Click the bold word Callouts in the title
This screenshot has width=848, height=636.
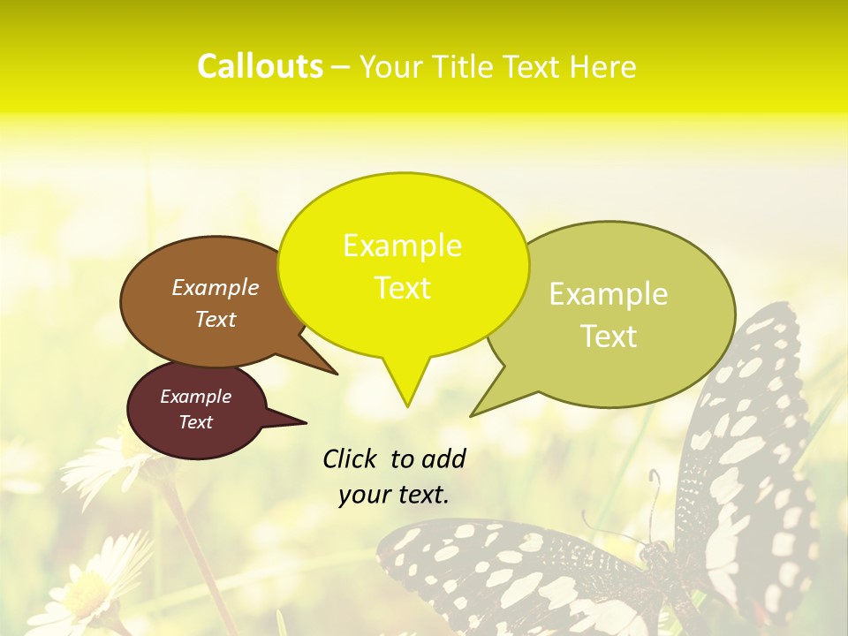pos(260,66)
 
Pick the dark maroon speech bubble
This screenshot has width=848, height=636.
pos(196,410)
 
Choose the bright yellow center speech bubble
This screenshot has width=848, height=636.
pos(403,265)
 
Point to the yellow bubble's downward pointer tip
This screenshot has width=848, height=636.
pos(407,405)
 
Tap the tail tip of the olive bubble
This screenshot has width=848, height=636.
pos(472,415)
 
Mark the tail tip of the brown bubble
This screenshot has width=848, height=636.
pos(336,374)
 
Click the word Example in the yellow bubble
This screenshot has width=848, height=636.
pos(402,246)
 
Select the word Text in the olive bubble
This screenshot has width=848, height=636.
pos(609,337)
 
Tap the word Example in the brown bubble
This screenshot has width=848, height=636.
pos(216,287)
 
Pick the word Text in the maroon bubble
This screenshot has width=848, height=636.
pos(196,422)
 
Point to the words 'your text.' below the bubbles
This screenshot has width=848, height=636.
pos(393,496)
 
